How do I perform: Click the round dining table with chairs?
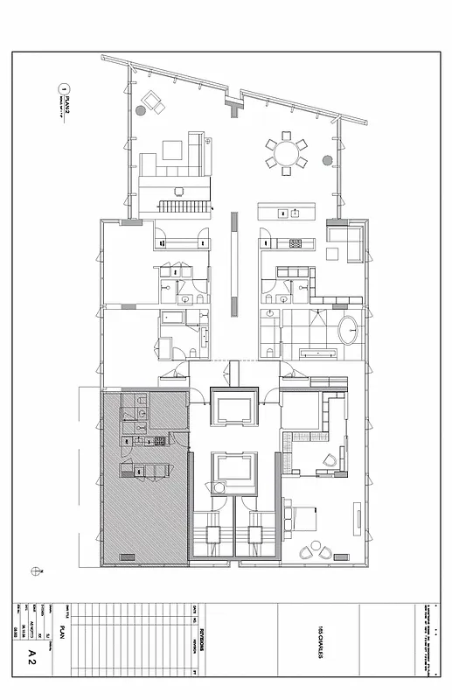coord(286,154)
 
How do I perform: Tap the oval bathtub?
coord(349,332)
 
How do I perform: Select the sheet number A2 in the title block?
coord(31,652)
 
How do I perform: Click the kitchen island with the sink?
coord(289,212)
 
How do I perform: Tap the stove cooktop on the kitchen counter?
coord(295,242)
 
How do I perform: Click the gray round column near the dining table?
coord(328,160)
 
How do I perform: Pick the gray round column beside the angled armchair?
coord(141,111)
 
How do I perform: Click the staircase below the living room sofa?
coord(185,206)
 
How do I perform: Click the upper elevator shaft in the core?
coord(233,409)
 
